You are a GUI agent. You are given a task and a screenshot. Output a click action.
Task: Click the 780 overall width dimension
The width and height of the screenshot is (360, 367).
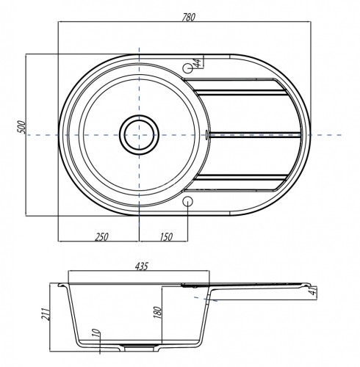point(189,17)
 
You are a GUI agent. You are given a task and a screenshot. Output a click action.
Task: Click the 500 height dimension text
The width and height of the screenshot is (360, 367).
point(21,127)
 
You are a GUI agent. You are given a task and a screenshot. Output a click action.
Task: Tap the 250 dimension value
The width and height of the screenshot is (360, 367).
point(101,237)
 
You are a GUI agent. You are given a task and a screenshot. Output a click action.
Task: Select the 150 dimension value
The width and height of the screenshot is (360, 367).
point(166,237)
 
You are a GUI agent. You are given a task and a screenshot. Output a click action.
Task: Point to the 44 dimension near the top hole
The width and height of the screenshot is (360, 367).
point(198,63)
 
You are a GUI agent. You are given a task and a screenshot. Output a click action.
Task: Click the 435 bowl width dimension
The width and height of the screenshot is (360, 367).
point(142,266)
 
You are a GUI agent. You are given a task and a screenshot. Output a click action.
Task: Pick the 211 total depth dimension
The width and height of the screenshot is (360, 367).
point(46,314)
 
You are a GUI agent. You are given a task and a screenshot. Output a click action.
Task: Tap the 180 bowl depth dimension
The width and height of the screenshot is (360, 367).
point(158,312)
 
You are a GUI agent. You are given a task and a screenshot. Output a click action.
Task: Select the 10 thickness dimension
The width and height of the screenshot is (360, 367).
point(97,333)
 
